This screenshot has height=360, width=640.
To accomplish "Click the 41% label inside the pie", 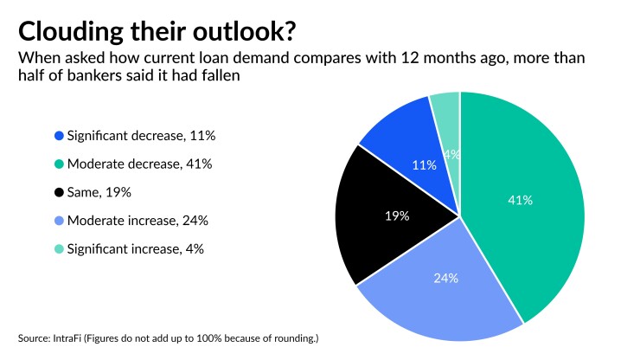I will tap(521, 200).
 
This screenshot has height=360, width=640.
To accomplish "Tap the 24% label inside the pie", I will tap(445, 279).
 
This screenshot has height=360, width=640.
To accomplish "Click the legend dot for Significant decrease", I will tap(59, 136).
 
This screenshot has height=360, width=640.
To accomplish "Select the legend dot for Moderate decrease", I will tap(59, 164).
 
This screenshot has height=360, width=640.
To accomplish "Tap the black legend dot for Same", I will tap(59, 192).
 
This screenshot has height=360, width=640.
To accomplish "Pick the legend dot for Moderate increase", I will tap(59, 221).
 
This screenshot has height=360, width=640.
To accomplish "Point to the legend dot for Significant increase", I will tap(59, 249).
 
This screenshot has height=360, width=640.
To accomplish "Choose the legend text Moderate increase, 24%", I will tap(138, 221).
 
